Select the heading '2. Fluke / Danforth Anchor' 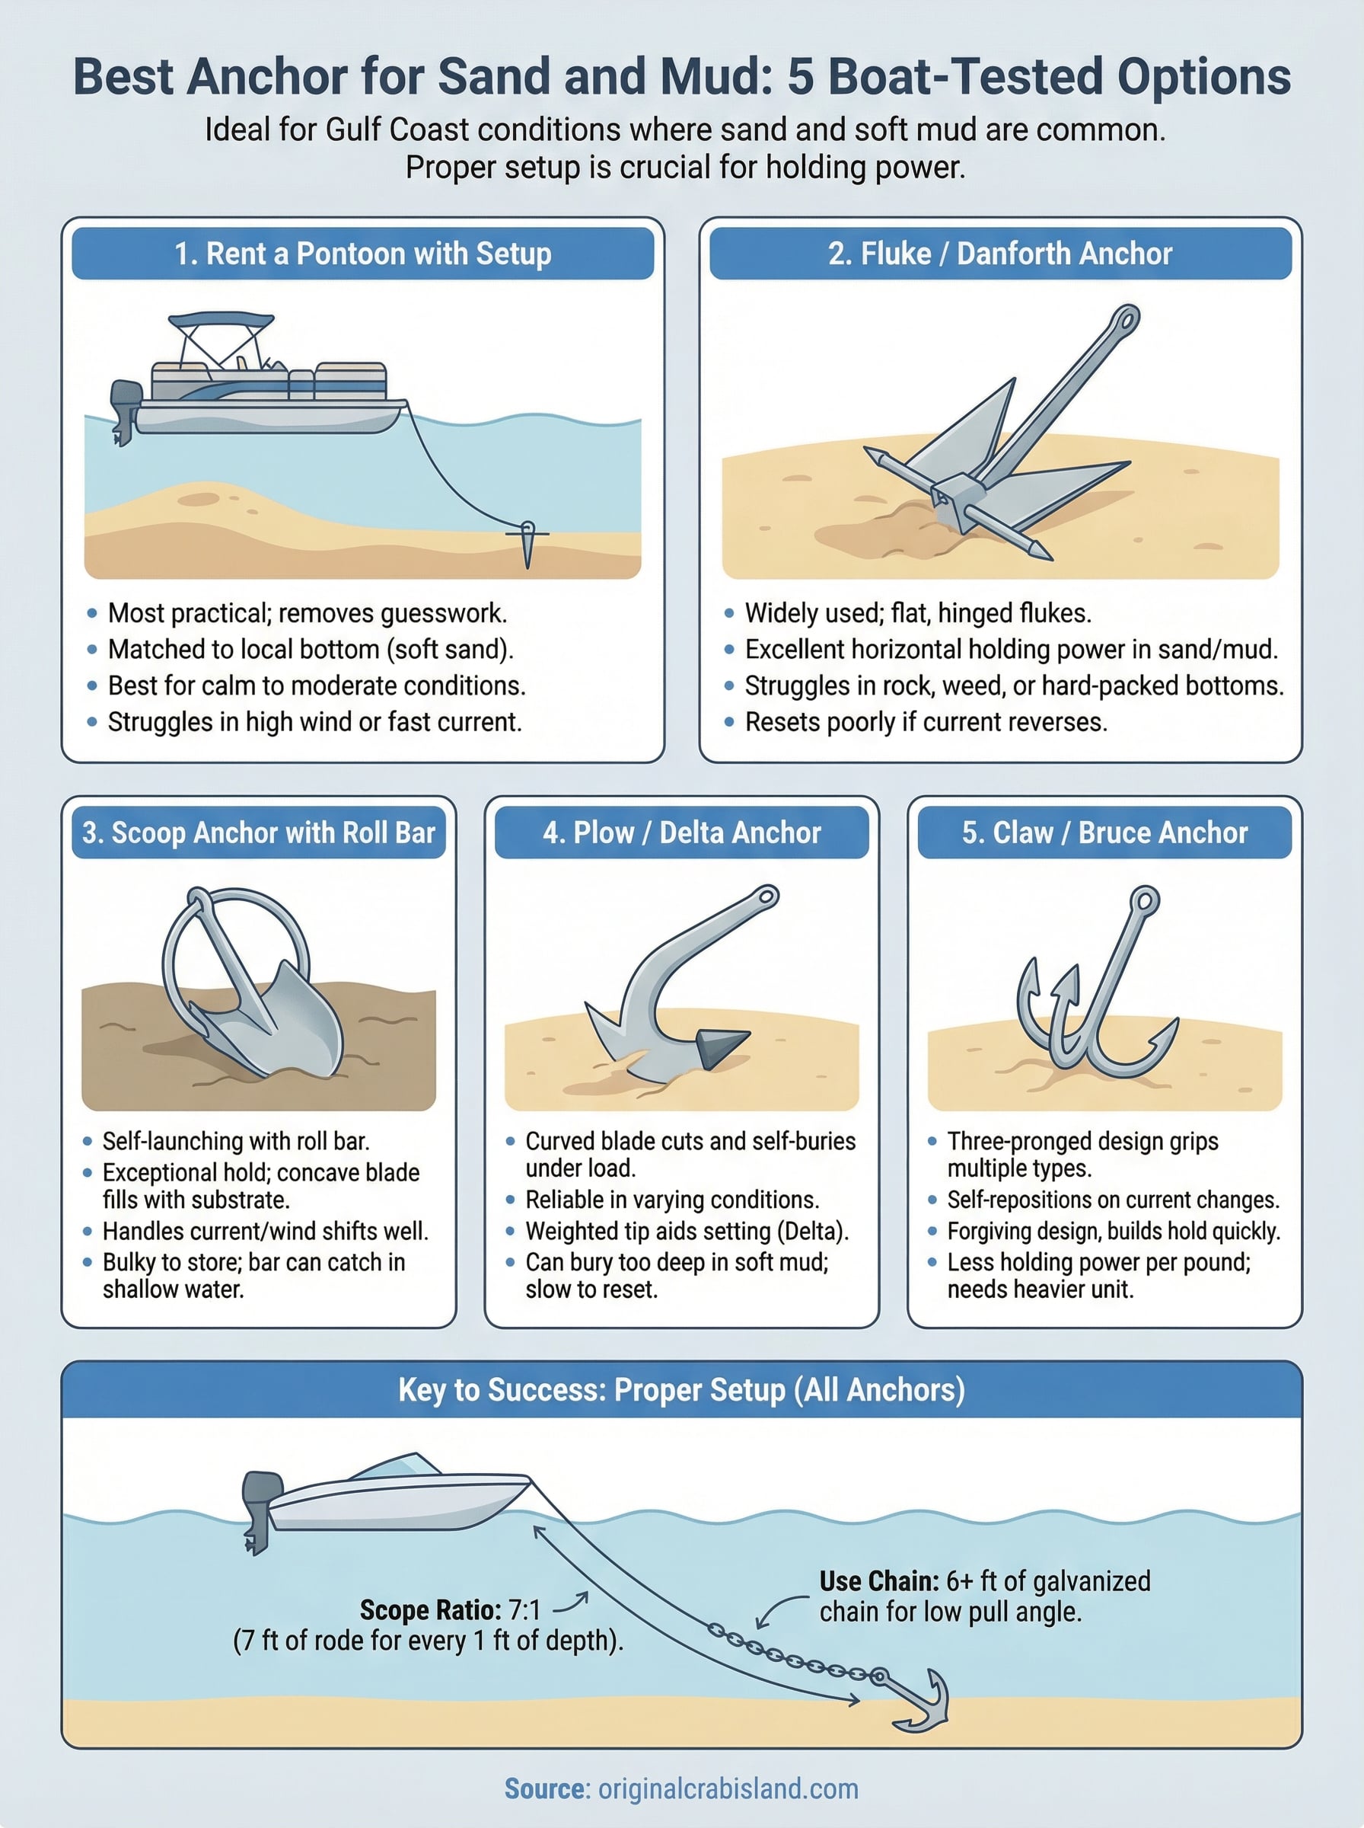click(x=1000, y=254)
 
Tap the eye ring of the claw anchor click(x=1144, y=901)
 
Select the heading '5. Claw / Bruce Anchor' click(x=1104, y=833)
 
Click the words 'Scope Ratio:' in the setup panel click(x=430, y=1610)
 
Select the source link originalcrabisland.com click(x=728, y=1788)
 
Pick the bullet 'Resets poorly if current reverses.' click(x=926, y=722)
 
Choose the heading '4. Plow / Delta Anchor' click(x=681, y=833)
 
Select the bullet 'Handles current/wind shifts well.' click(x=265, y=1231)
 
